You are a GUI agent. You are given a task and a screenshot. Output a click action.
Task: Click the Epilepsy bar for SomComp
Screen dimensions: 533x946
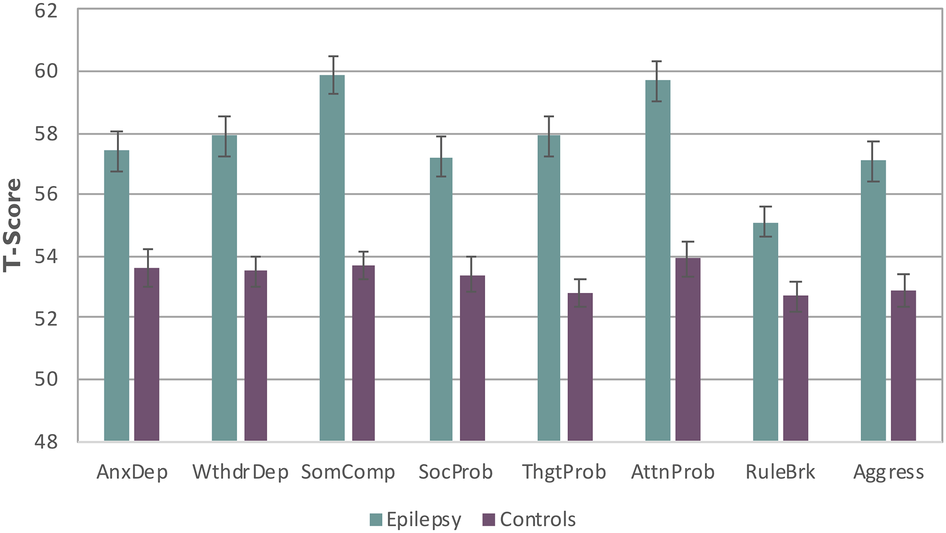coord(332,257)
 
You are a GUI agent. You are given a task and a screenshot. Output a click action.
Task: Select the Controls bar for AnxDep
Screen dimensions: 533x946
coord(147,354)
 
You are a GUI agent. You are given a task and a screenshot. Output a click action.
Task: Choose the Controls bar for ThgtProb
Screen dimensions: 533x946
coord(580,367)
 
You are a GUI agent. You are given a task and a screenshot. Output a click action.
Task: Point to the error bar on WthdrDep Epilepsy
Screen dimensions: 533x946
coord(224,136)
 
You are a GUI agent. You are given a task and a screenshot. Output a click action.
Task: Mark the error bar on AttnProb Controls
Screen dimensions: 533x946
coord(687,259)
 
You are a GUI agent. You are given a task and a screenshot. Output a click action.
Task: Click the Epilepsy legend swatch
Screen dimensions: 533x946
coord(376,520)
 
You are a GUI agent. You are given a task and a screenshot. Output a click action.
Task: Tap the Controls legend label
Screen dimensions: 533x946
coord(538,520)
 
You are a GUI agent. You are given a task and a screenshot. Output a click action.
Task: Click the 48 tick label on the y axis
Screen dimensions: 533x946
coord(46,441)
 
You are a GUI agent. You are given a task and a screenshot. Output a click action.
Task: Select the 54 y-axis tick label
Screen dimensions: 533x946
coord(46,257)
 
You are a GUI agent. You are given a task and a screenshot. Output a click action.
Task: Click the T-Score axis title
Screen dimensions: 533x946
coord(13,225)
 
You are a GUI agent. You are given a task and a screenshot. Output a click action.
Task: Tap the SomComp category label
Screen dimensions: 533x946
coord(348,472)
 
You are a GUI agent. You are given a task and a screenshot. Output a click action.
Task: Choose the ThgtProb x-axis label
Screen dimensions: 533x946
coord(564,472)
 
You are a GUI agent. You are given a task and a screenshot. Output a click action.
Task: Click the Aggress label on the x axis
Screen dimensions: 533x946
coord(888,472)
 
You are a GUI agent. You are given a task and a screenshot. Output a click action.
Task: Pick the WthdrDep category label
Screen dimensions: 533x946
coord(240,472)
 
